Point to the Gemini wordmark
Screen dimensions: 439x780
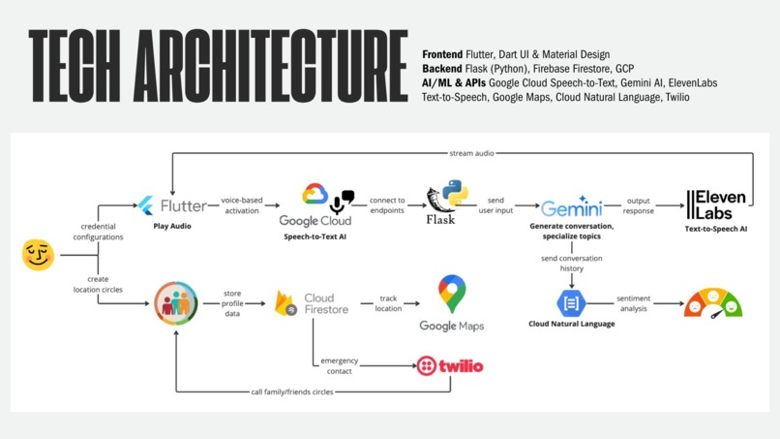click(x=571, y=208)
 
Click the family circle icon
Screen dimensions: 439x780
click(x=175, y=302)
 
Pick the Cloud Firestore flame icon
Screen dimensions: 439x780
click(x=285, y=303)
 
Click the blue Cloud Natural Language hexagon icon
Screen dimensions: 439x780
click(x=571, y=303)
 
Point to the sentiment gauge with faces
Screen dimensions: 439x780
click(x=712, y=303)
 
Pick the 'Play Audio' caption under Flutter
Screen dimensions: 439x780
click(x=172, y=226)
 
